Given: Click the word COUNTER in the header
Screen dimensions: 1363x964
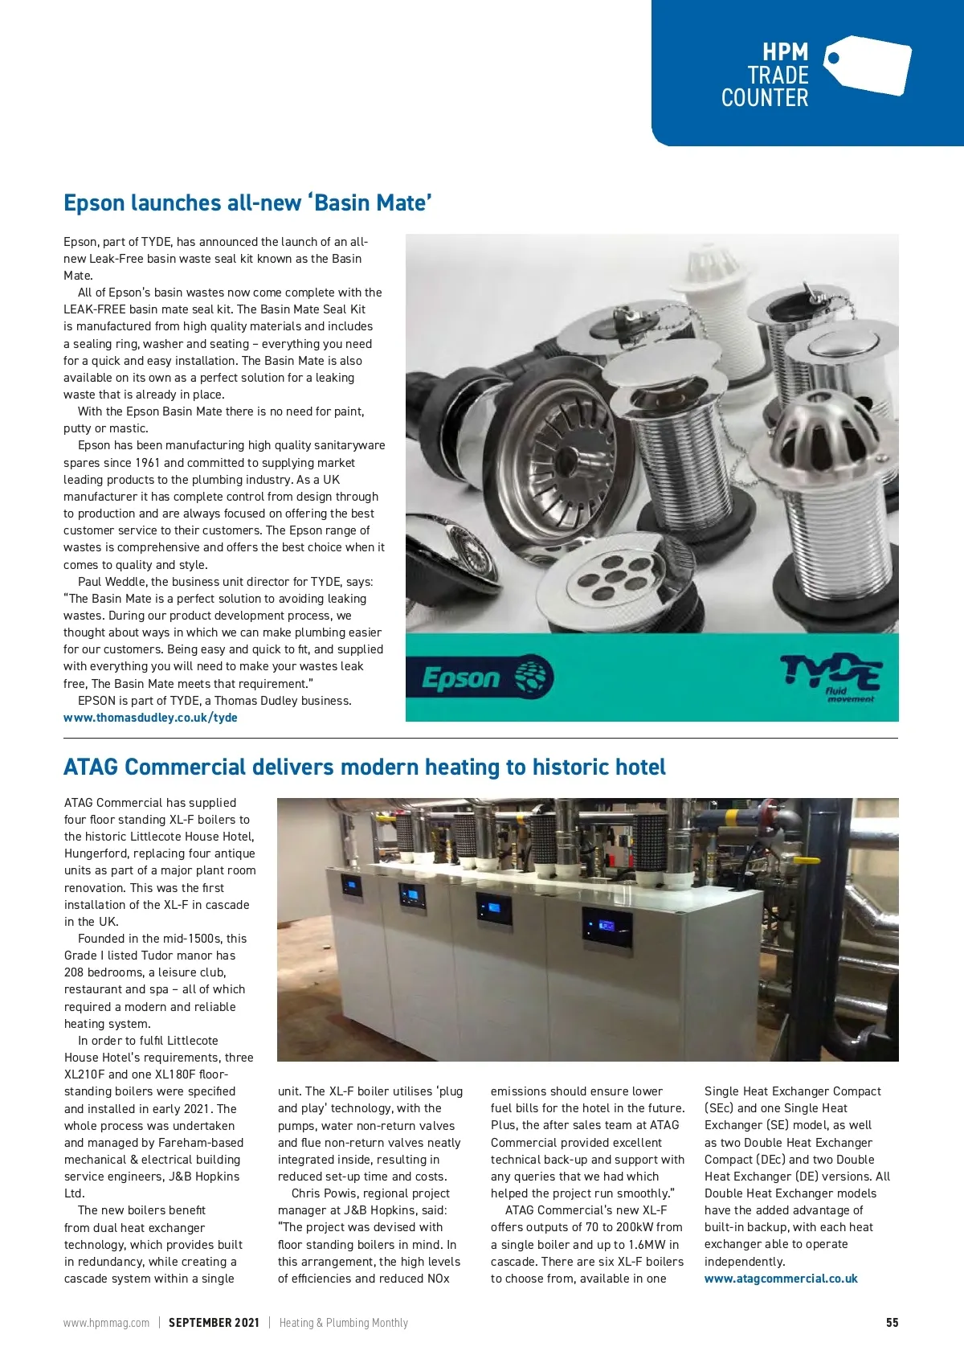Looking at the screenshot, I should coord(764,98).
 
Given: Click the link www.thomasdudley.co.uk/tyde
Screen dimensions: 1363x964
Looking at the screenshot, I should coord(150,718).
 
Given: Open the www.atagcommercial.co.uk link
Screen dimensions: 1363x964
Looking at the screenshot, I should coord(781,1279).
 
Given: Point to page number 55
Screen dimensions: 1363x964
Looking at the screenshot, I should coord(892,1323).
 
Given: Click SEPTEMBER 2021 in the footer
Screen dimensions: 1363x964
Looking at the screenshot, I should coord(214,1323).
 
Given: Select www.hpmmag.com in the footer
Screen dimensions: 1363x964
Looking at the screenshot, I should coord(106,1323).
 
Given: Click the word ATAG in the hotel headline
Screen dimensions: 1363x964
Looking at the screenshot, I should coord(91,767).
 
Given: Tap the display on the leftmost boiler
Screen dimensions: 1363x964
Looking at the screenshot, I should coord(351,887).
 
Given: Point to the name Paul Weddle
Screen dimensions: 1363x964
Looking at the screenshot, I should coord(112,582).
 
